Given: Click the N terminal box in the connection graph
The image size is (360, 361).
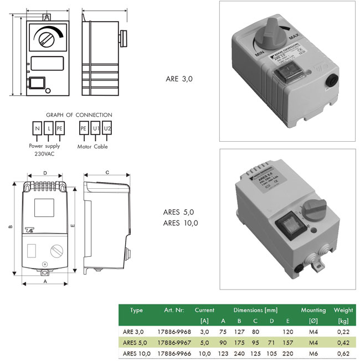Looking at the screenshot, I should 37,128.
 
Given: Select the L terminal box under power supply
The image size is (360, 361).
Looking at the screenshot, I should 48,128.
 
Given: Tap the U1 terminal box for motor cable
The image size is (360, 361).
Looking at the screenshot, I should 95,128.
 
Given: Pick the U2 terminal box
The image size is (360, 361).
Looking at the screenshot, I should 107,128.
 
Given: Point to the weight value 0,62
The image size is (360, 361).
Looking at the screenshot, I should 343,353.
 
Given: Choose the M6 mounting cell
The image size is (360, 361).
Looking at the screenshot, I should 313,353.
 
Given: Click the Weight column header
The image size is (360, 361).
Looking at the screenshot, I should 343,311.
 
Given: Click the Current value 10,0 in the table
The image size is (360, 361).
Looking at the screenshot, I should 204,353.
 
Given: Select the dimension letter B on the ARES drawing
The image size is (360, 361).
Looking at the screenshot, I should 10,227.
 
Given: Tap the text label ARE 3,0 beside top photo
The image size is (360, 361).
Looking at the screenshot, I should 179,79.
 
